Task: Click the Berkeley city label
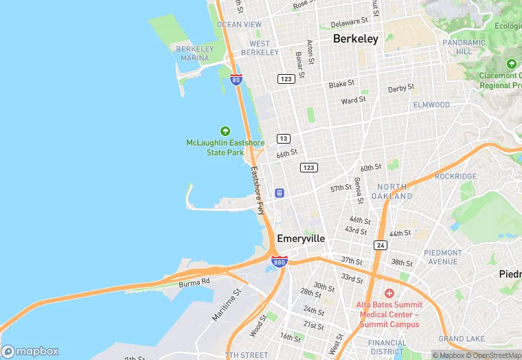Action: pyautogui.click(x=355, y=39)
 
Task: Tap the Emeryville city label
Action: pyautogui.click(x=301, y=238)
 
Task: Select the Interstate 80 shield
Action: pyautogui.click(x=236, y=79)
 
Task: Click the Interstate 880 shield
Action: pyautogui.click(x=280, y=262)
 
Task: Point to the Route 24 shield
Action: pyautogui.click(x=381, y=245)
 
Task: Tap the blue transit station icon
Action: pyautogui.click(x=280, y=193)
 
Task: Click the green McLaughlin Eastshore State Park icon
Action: pyautogui.click(x=225, y=131)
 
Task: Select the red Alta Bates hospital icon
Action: pyautogui.click(x=389, y=293)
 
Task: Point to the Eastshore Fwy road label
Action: pyautogui.click(x=257, y=191)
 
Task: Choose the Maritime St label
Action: pyautogui.click(x=227, y=304)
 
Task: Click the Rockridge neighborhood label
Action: pyautogui.click(x=455, y=177)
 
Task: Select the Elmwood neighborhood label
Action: pyautogui.click(x=431, y=105)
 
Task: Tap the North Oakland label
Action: pyautogui.click(x=391, y=192)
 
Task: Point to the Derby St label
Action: pyautogui.click(x=401, y=89)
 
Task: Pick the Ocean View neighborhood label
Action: pyautogui.click(x=239, y=25)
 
